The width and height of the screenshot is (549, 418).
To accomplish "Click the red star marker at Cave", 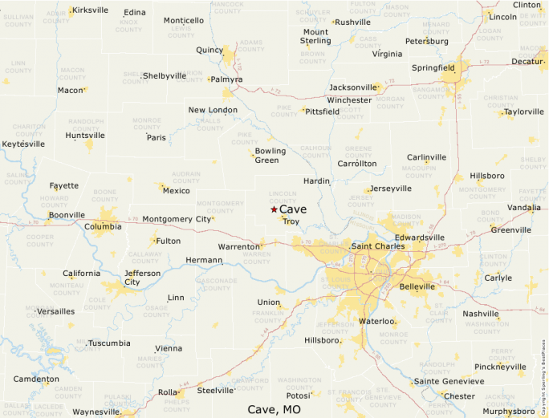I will [x=274, y=209].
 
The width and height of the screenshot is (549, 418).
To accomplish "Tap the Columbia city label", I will [x=103, y=226].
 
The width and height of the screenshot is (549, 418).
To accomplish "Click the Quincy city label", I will [x=209, y=50].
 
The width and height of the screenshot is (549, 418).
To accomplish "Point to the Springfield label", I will [x=433, y=67].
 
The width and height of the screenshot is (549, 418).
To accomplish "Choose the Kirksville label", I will [x=90, y=10].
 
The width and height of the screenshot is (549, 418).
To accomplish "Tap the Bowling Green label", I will [x=270, y=156].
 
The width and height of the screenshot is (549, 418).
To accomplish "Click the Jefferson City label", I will [x=142, y=278].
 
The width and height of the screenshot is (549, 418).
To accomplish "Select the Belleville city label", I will [x=417, y=286].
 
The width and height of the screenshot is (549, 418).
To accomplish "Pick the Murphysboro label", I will [x=508, y=412].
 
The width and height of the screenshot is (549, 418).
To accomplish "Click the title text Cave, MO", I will [x=274, y=409].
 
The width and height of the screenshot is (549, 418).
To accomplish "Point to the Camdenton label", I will [x=36, y=379].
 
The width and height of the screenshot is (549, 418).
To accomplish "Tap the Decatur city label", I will [x=527, y=61].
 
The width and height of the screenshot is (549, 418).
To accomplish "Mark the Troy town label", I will [x=291, y=221].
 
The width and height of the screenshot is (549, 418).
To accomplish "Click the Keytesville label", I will [x=23, y=144].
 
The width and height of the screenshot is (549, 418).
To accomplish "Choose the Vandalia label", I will [x=524, y=208].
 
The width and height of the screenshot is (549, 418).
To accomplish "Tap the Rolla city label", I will [x=167, y=392].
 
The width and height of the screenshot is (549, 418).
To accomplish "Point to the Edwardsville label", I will [x=419, y=237].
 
